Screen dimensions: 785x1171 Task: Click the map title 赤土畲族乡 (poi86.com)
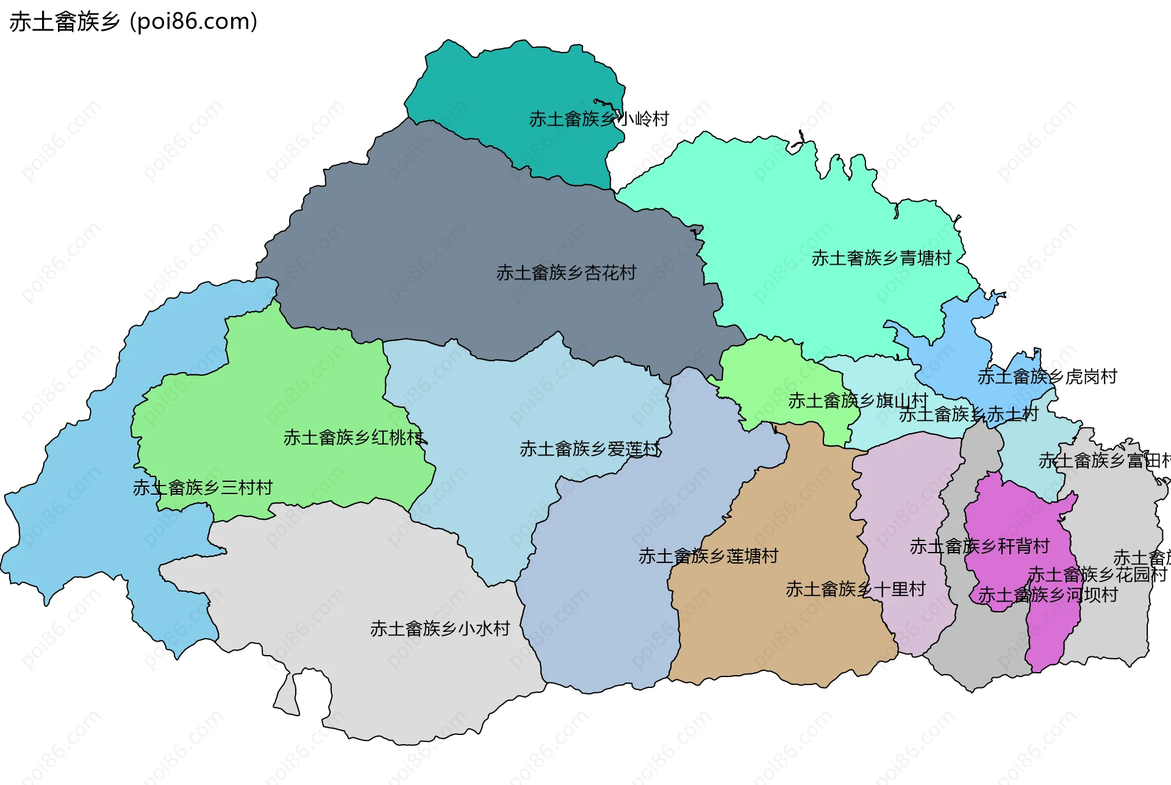133,22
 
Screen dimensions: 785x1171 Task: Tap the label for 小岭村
599,119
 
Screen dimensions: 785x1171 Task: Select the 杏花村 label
566,273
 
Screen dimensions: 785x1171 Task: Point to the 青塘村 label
881,259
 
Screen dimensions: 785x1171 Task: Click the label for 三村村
202,488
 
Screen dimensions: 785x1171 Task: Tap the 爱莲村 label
590,449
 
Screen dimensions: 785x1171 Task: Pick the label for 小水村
440,629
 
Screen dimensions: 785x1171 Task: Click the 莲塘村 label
708,556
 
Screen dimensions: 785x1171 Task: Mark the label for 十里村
856,589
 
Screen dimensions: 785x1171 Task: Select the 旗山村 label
858,401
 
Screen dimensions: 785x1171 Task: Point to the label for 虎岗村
1047,377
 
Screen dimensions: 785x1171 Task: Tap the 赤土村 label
969,415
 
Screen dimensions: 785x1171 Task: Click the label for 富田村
1104,461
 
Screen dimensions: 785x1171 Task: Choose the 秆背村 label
979,547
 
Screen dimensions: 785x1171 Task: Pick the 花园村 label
1097,575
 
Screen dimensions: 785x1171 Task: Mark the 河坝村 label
1048,595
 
